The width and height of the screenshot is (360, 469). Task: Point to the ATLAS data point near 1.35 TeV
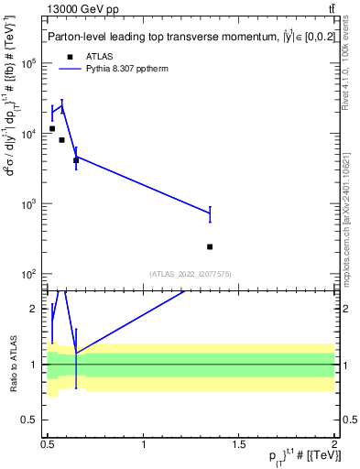pyautogui.click(x=210, y=246)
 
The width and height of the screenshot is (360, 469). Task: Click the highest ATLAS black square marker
pyautogui.click(x=52, y=129)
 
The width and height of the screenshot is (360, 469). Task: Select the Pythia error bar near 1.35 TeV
pyautogui.click(x=210, y=213)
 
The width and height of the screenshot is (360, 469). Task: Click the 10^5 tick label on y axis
pyautogui.click(x=30, y=63)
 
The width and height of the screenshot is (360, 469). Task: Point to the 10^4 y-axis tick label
pyautogui.click(x=30, y=134)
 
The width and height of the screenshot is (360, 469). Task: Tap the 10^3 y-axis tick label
pyautogui.click(x=30, y=204)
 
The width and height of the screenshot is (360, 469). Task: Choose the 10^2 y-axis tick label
pyautogui.click(x=30, y=275)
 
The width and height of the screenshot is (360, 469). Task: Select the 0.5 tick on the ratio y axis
pyautogui.click(x=32, y=420)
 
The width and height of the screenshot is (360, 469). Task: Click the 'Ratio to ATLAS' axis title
pyautogui.click(x=12, y=364)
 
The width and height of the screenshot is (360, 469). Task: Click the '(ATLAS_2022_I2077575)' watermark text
pyautogui.click(x=190, y=272)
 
